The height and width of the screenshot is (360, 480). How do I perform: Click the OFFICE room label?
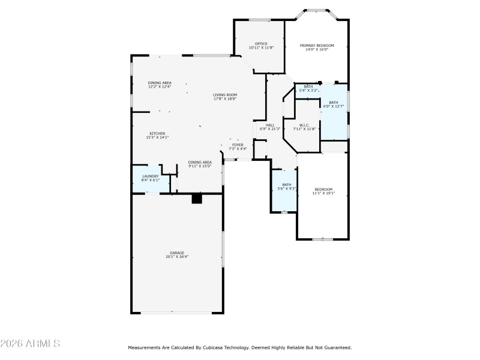(261, 43)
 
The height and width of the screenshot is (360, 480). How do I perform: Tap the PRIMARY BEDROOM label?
(317, 45)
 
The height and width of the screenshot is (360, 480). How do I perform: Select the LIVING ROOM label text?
(225, 94)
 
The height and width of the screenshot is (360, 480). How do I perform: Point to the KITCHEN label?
(157, 133)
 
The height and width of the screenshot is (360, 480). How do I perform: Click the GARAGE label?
(176, 253)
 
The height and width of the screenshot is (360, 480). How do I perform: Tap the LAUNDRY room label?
(151, 176)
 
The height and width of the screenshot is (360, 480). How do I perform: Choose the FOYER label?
(238, 145)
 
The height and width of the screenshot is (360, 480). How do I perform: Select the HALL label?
(270, 125)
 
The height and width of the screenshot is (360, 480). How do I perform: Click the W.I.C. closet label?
(304, 125)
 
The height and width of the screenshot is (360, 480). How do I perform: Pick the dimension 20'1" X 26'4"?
(176, 257)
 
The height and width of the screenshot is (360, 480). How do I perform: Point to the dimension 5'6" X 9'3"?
(287, 189)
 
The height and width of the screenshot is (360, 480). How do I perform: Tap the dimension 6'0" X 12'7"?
(333, 106)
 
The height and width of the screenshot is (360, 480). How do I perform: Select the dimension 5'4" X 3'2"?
(308, 91)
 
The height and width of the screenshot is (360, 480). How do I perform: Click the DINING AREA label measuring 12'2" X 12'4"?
(160, 82)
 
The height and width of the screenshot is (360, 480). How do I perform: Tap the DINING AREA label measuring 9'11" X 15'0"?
(200, 162)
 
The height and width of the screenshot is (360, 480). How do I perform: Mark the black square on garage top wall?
(196, 198)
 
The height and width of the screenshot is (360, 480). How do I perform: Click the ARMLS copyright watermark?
(30, 344)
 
